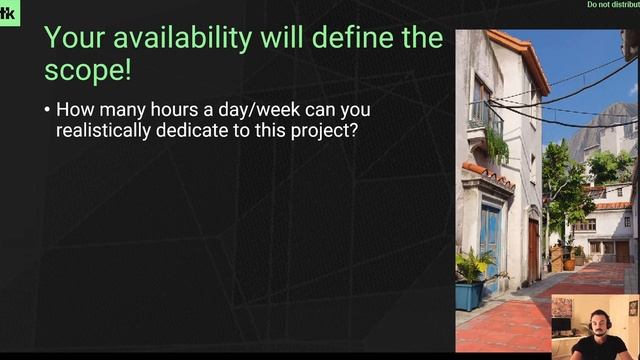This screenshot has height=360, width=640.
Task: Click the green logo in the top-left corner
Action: click(8, 13)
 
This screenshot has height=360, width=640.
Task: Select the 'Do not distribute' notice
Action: click(612, 5)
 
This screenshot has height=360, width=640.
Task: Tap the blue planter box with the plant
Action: click(468, 293)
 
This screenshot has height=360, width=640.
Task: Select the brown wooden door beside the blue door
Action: click(533, 249)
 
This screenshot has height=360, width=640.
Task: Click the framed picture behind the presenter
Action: click(562, 307)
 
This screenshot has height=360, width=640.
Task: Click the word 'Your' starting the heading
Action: click(71, 40)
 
